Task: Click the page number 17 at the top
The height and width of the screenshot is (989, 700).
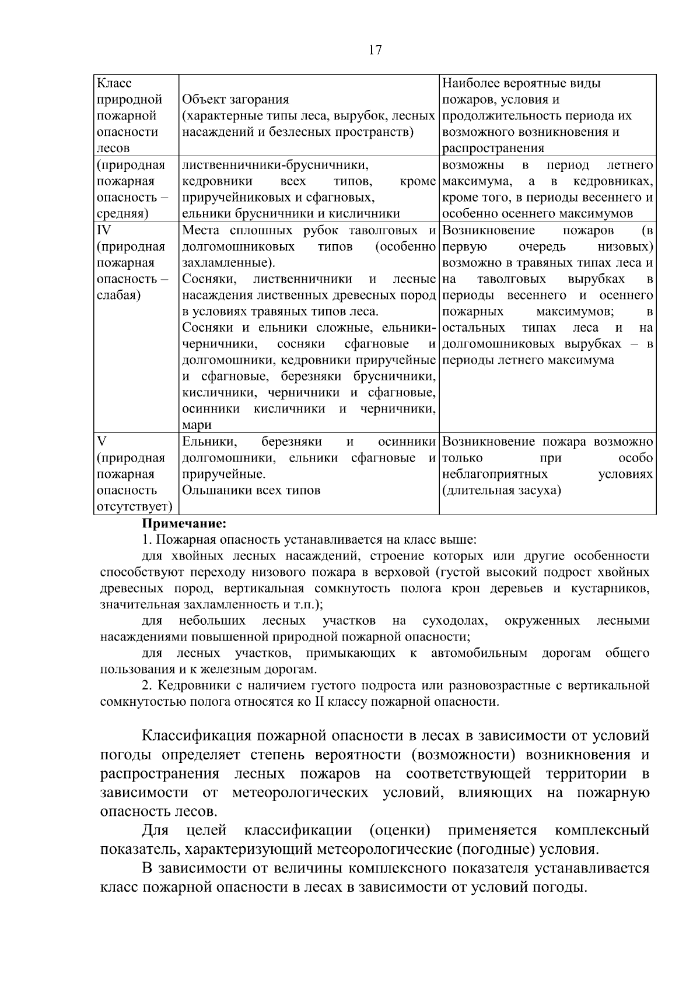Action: click(375, 50)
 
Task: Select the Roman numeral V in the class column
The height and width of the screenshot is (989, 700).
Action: click(101, 442)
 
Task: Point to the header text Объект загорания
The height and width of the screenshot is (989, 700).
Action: click(236, 100)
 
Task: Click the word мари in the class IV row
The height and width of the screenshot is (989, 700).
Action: click(197, 425)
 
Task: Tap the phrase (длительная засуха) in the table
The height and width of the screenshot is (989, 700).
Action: click(502, 490)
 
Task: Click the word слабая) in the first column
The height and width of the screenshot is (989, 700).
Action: click(118, 295)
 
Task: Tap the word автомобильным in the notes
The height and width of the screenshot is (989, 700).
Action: click(479, 653)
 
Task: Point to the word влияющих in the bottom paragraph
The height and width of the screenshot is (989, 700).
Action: click(495, 793)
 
